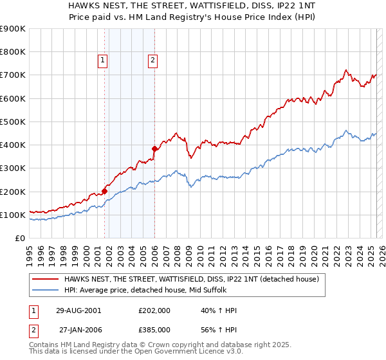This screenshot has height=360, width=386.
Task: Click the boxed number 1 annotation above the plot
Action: [102, 61]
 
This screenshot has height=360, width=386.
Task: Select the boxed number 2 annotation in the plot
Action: [152, 61]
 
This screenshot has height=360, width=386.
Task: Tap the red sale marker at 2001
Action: [104, 191]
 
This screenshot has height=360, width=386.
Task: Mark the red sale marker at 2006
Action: [154, 148]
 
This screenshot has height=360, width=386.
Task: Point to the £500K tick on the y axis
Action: [13, 122]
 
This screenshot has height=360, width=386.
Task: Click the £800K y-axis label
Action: [13, 52]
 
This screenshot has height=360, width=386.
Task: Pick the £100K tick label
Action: [13, 215]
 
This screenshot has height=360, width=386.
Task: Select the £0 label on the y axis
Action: [19, 238]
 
